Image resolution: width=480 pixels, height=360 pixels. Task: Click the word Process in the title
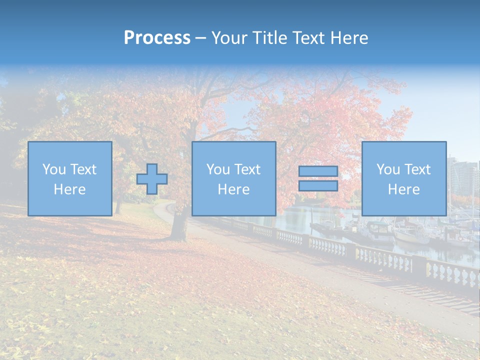pyautogui.click(x=157, y=38)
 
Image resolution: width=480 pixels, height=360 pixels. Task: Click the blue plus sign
pyautogui.click(x=152, y=179)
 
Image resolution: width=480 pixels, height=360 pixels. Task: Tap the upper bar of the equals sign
pyautogui.click(x=318, y=171)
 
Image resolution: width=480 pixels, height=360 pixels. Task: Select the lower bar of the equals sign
pyautogui.click(x=318, y=186)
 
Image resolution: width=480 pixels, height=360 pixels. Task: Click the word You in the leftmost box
pyautogui.click(x=53, y=169)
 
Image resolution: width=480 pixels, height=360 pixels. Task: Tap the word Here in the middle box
pyautogui.click(x=234, y=189)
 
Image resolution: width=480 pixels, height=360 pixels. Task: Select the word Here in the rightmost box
pyautogui.click(x=404, y=189)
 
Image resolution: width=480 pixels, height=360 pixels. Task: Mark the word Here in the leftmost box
pyautogui.click(x=70, y=189)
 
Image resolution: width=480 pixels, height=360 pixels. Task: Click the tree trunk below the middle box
pyautogui.click(x=178, y=227)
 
